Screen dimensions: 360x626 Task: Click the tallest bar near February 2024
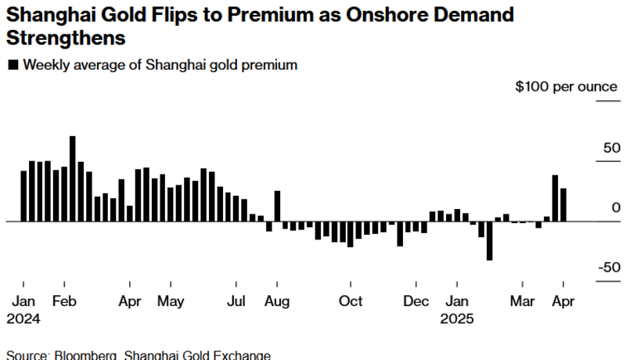pos(73,178)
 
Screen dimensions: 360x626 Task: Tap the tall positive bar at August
pos(277,206)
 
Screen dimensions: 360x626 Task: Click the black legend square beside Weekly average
pos(13,66)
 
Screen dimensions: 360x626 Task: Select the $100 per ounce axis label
pos(566,86)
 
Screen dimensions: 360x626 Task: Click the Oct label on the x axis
pos(351,301)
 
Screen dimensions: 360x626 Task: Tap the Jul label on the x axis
pos(236,301)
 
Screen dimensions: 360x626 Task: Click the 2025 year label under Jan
pos(457,319)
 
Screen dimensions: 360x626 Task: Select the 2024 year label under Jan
pos(25,319)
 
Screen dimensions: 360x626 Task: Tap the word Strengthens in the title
pos(67,37)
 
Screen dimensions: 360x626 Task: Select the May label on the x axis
pos(170,301)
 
